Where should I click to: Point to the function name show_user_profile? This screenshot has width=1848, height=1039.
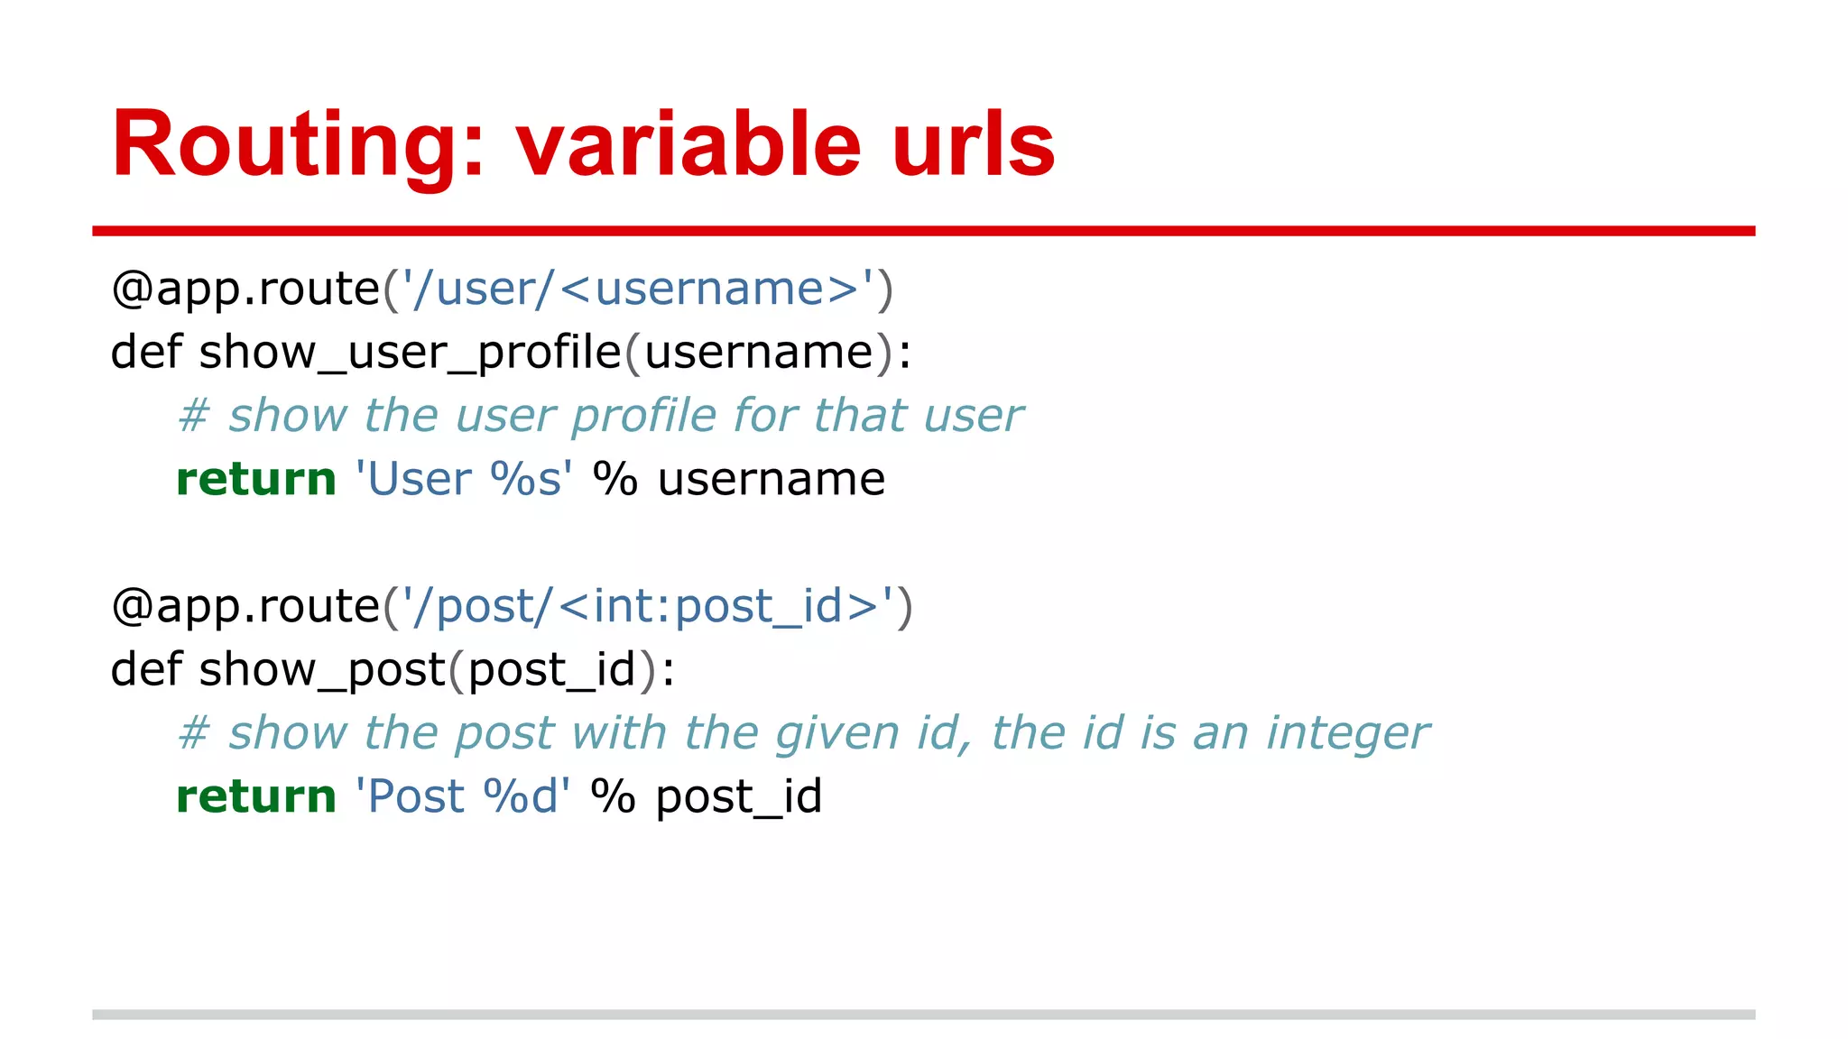click(410, 353)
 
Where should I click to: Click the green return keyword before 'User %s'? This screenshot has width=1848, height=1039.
click(256, 479)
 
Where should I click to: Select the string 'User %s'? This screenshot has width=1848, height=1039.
click(464, 479)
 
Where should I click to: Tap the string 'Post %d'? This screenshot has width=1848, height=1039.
click(462, 796)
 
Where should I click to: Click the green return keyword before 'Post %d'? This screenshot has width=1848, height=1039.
click(256, 796)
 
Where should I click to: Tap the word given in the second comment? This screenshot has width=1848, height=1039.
click(836, 733)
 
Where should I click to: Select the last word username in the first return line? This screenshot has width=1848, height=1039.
click(771, 479)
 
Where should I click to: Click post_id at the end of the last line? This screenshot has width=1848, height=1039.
click(738, 796)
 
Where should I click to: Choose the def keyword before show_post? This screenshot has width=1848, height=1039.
click(146, 670)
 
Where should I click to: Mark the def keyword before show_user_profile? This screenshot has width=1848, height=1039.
click(146, 353)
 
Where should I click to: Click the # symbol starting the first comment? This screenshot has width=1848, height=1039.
click(194, 417)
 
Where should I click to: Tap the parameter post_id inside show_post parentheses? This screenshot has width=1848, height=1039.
click(552, 670)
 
